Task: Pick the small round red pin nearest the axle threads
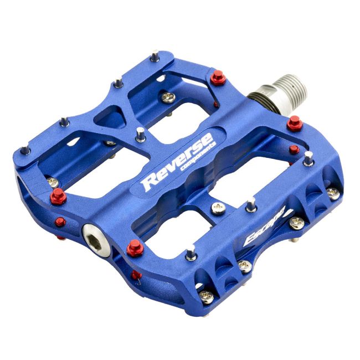(294, 149)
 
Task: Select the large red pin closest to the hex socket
(135, 249)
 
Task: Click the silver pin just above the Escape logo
(252, 204)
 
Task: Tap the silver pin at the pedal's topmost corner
(156, 55)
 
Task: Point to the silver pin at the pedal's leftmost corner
(24, 150)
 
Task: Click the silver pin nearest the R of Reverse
(141, 133)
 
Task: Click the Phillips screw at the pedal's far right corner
(332, 193)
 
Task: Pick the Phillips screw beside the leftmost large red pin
(53, 182)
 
